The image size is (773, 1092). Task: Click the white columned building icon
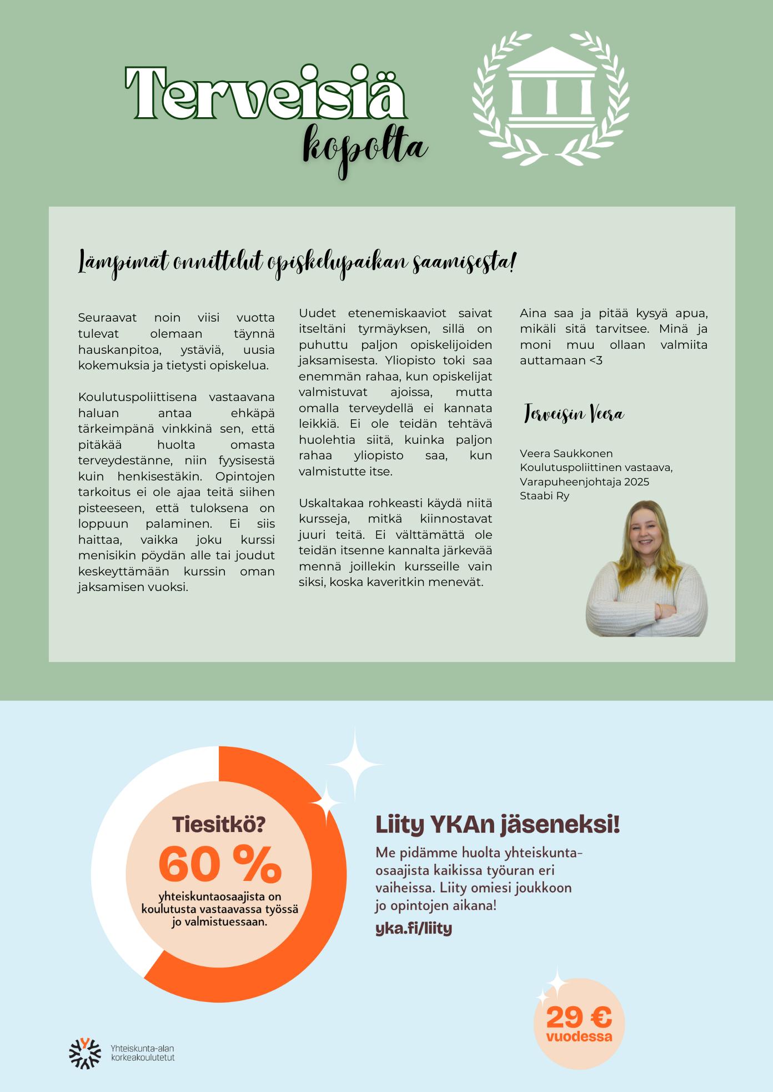(550, 89)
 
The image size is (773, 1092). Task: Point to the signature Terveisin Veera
(574, 414)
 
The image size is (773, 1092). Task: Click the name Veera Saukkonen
(566, 453)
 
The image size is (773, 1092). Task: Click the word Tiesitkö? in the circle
(218, 824)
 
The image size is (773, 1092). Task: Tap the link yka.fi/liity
(414, 928)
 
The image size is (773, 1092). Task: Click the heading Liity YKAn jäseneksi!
(498, 825)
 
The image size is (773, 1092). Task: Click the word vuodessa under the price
(579, 1036)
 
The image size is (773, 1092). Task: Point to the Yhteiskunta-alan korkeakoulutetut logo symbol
(84, 1053)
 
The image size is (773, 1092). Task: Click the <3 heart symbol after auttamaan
(595, 360)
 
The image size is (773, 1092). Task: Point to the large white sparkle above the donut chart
(354, 764)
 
